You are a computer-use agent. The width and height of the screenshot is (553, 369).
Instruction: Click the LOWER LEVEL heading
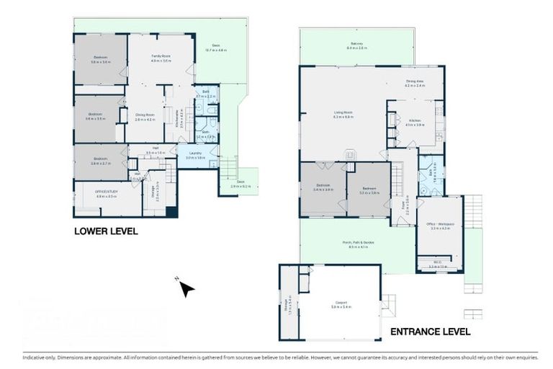click(106, 231)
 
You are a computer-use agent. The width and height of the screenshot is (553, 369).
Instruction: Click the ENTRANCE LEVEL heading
click(430, 332)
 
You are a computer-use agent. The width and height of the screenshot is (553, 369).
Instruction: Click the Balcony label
click(358, 45)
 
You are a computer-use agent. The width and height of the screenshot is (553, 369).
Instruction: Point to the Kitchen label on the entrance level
click(414, 120)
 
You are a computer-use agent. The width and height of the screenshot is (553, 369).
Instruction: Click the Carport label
click(341, 303)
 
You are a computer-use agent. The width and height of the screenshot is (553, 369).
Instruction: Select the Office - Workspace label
click(439, 225)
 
